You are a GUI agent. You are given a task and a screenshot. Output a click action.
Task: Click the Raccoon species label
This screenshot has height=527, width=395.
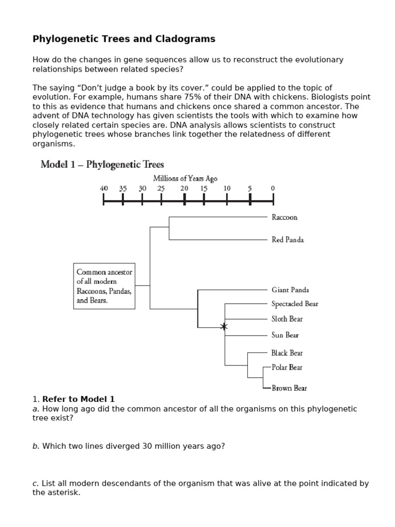284,217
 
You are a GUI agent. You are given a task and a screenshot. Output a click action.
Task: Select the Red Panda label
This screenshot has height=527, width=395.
288,240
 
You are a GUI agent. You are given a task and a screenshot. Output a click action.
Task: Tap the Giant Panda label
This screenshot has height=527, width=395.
290,290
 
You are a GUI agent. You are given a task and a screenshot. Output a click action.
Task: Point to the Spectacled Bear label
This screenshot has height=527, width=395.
295,304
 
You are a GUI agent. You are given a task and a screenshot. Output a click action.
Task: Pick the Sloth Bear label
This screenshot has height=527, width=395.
287,319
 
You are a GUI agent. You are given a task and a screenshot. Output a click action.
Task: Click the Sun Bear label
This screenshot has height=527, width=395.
285,336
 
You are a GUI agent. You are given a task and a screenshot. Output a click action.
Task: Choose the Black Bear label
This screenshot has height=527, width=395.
287,353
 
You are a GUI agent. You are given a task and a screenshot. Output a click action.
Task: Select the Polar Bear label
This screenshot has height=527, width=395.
287,367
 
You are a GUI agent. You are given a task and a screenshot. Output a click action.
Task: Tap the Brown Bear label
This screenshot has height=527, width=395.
289,389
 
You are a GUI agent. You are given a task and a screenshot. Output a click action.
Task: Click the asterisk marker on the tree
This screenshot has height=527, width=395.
224,327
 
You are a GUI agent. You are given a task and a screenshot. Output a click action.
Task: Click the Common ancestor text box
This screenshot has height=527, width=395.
104,286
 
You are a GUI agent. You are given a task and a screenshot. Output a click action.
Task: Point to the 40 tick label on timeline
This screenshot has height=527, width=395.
104,189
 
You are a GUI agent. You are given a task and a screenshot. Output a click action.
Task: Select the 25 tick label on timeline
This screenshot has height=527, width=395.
161,189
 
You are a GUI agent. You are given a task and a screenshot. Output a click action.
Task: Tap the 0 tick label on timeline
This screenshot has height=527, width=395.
273,189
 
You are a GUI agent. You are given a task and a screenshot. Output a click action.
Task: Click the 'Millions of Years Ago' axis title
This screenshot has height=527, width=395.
185,179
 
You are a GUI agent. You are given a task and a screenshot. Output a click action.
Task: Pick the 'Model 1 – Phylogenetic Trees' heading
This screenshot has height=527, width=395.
102,165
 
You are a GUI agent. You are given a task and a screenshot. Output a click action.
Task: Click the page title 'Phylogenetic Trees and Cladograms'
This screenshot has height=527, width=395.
124,39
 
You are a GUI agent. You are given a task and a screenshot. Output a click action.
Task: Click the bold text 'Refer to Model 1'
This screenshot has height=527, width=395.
79,399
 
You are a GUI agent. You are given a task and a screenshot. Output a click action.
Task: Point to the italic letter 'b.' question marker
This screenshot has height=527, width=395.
35,446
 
